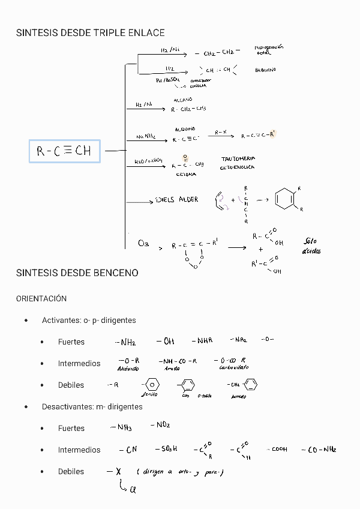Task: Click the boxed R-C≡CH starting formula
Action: point(64,151)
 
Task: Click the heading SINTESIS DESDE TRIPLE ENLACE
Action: point(90,32)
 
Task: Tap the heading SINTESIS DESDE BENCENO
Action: point(77,273)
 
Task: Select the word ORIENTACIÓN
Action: point(41,298)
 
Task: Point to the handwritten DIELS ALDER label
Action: point(176,200)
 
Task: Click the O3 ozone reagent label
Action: point(143,243)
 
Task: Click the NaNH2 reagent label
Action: point(146,137)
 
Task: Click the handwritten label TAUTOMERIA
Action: point(238,159)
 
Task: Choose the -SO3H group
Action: point(166,449)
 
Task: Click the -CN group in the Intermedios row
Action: point(128,450)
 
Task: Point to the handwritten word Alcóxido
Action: point(128,369)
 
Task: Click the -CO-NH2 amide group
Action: point(319,449)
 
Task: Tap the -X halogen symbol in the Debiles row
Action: point(113,472)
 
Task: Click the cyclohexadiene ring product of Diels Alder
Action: point(285,199)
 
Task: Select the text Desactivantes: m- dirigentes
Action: point(92,406)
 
